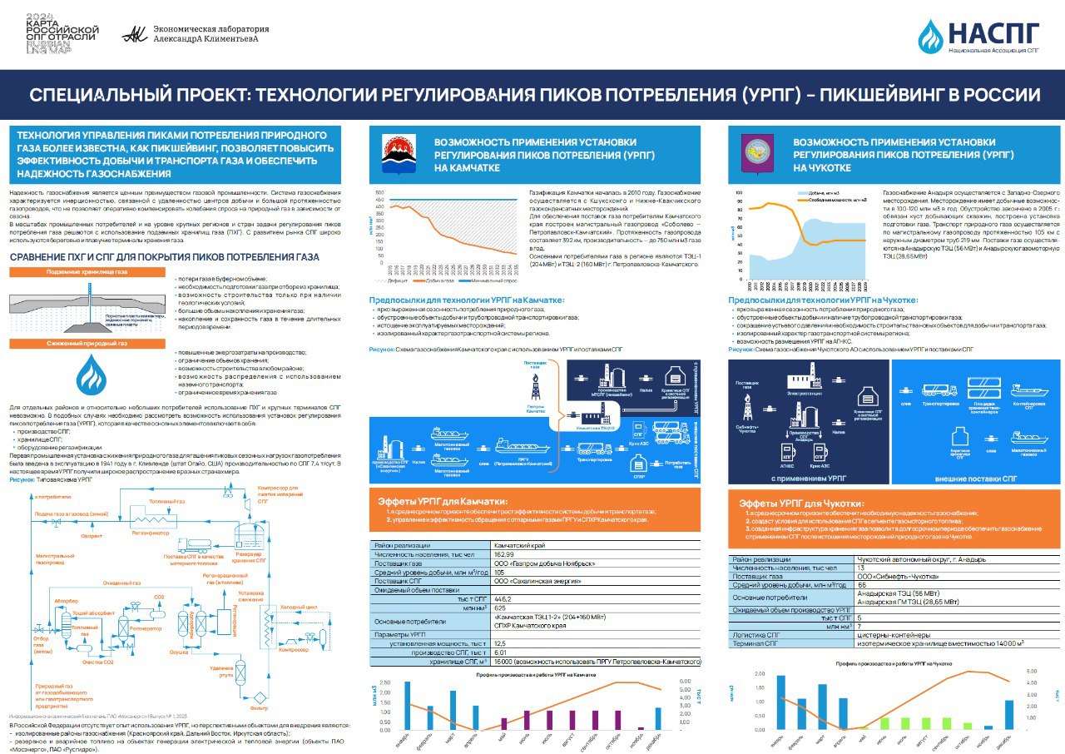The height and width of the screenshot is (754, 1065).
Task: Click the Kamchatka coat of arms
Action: click(398, 151)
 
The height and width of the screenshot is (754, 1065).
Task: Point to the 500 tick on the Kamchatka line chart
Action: click(379, 193)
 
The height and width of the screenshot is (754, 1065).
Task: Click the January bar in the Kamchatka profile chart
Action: click(407, 706)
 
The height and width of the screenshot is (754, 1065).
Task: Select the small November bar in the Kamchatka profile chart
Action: click(641, 728)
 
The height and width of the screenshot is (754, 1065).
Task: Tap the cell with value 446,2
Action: click(503, 599)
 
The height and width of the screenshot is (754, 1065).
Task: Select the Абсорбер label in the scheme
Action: click(67, 599)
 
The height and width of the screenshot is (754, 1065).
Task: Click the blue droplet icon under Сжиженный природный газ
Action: click(91, 376)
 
